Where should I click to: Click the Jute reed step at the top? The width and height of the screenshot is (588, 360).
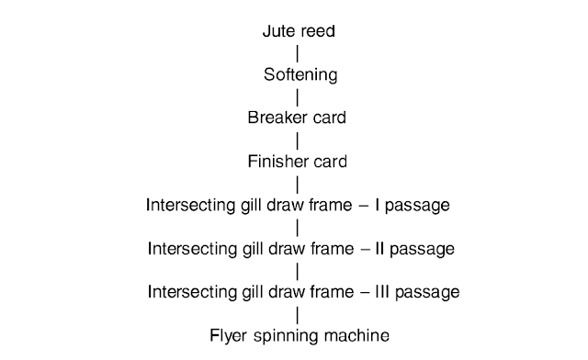[x=298, y=30]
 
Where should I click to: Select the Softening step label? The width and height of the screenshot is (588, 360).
[x=298, y=74]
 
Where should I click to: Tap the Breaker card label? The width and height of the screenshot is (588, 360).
[x=298, y=118]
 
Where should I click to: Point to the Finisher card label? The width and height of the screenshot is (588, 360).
[x=298, y=162]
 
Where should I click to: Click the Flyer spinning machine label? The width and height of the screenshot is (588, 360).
[x=299, y=335]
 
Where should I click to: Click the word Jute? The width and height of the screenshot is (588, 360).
[x=277, y=30]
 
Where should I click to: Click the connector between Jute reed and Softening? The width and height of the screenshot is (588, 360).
[x=298, y=52]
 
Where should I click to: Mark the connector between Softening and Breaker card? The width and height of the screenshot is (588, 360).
[x=298, y=96]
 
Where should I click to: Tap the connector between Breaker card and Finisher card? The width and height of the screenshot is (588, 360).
[x=298, y=140]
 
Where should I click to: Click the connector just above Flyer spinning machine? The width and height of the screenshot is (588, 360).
[x=298, y=314]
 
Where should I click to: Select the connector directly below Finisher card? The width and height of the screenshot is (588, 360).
[x=298, y=184]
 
